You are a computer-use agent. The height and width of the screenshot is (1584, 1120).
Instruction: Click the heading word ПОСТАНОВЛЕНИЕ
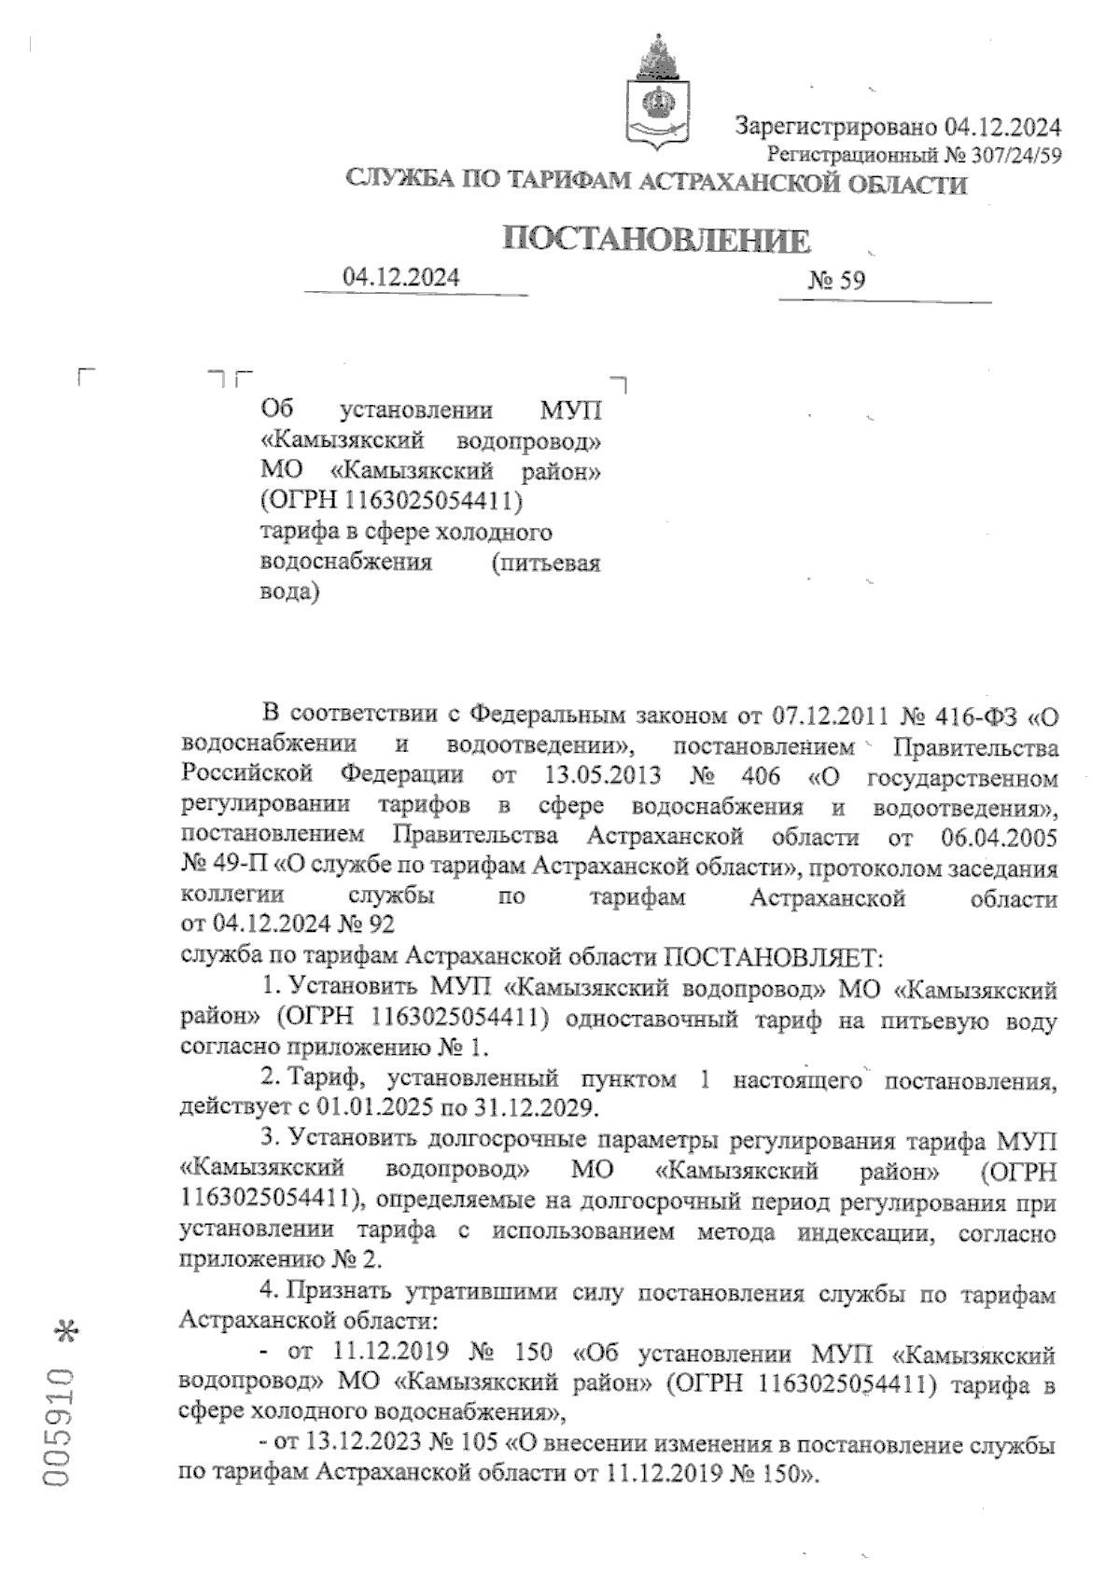click(656, 241)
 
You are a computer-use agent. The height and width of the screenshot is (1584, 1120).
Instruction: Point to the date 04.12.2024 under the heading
click(401, 276)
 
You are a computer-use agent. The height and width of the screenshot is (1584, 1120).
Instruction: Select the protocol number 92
click(381, 926)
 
